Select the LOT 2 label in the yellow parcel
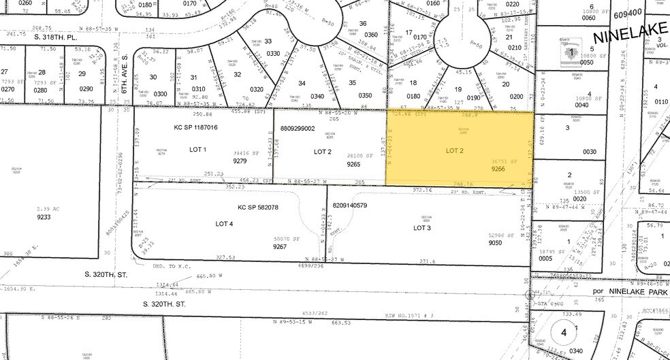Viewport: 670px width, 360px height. (x=454, y=150)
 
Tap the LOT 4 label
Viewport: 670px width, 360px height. (x=224, y=223)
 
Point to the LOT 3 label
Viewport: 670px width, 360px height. (x=422, y=228)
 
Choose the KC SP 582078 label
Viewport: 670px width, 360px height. (x=258, y=207)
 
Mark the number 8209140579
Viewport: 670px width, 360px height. (x=359, y=205)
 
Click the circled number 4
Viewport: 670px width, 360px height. (x=563, y=333)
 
